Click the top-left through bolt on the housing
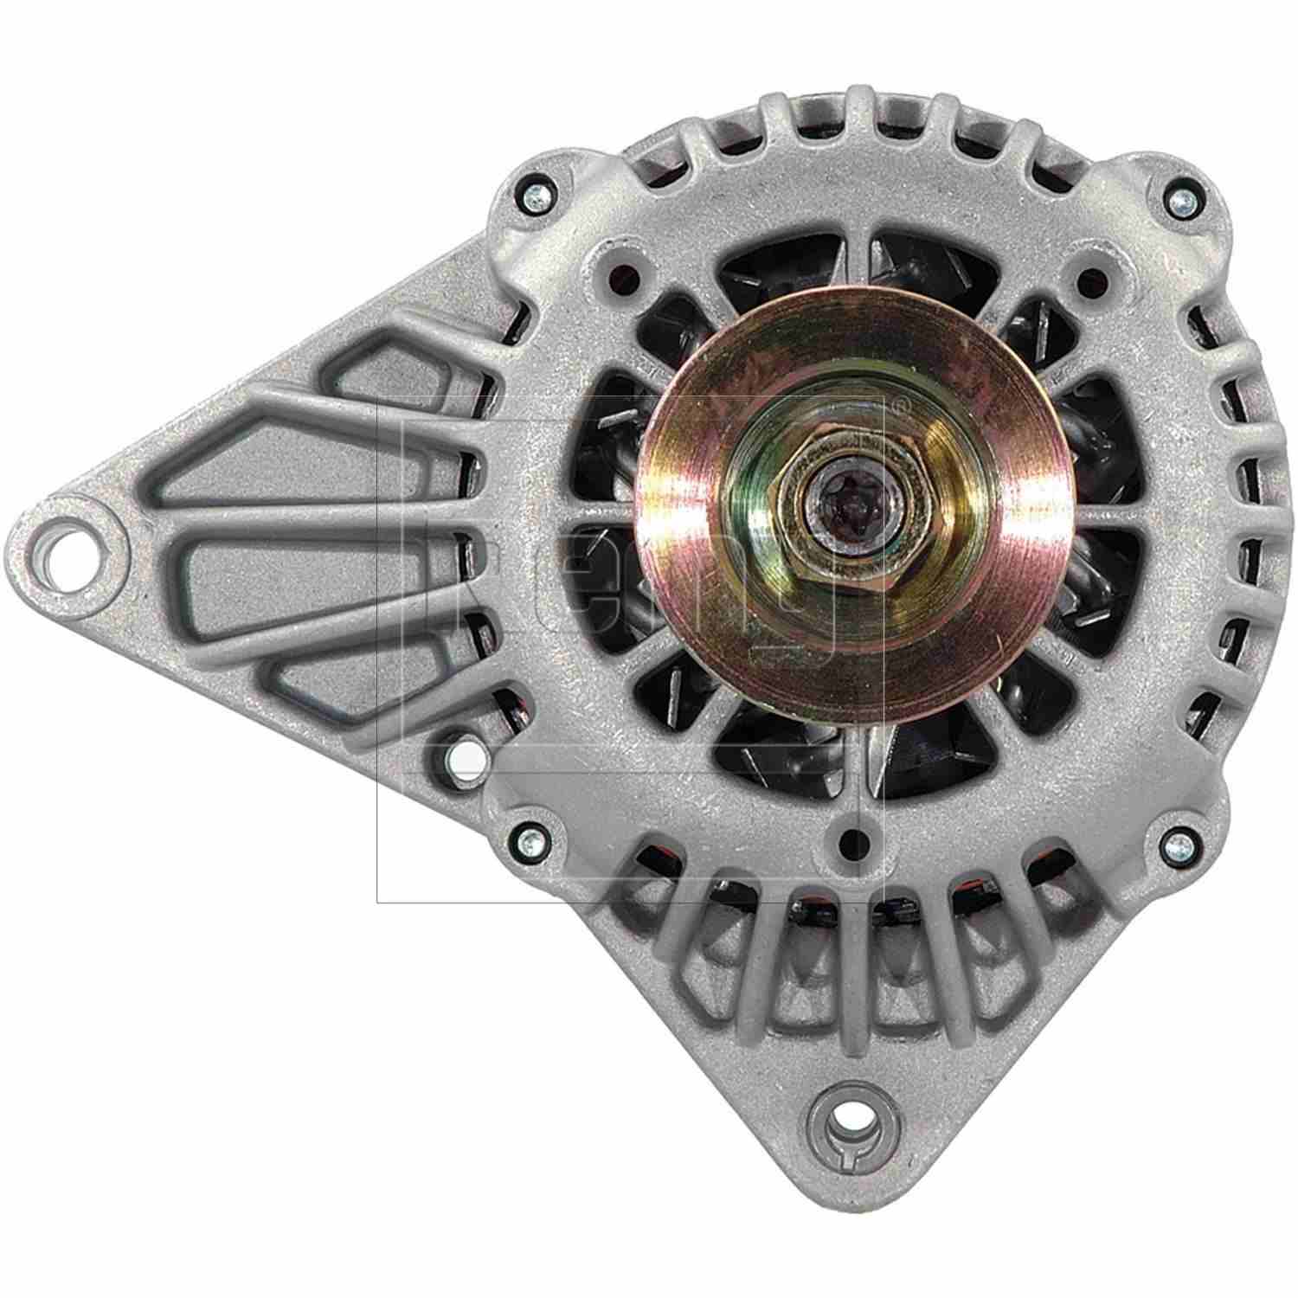[x=530, y=198]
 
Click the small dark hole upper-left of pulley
[x=630, y=276]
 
